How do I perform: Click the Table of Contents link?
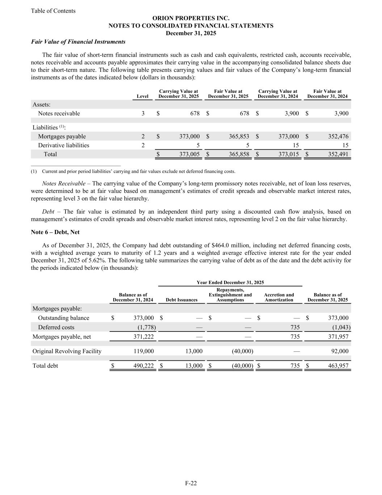[x=53, y=11]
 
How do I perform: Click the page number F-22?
[x=191, y=483]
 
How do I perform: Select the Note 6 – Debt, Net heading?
[x=55, y=232]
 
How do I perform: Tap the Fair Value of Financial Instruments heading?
[x=78, y=42]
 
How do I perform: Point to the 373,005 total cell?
[x=189, y=154]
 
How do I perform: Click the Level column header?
[x=143, y=96]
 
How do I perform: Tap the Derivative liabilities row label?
[x=64, y=145]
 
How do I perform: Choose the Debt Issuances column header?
[x=182, y=300]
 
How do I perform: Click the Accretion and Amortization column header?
[x=279, y=297]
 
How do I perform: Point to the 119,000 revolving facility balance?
[x=144, y=351]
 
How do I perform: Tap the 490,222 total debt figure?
[x=144, y=366]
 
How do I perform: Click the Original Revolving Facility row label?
[x=67, y=351]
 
